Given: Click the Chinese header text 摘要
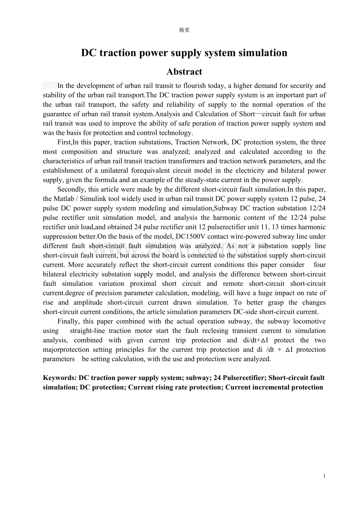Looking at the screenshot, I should point(184,30).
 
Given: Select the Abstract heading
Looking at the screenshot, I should point(184,72).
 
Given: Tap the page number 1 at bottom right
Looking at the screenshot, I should point(324,476).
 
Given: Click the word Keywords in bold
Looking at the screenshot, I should point(59,378).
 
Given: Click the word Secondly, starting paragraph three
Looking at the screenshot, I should point(72,189).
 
